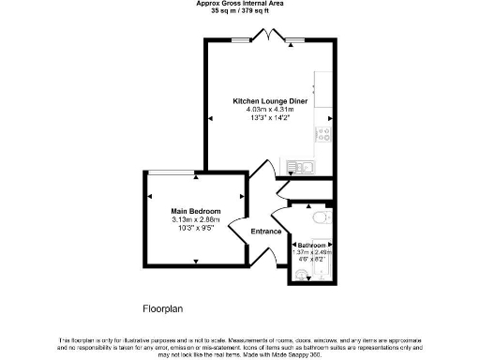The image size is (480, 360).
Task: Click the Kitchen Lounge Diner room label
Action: pos(271,100)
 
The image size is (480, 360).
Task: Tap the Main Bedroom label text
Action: pos(195,211)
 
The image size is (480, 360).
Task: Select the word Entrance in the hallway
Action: pos(265,232)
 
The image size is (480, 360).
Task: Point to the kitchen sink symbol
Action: pos(301,167)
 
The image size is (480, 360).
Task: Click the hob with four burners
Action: pos(325,132)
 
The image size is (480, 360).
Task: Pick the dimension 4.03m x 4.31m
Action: pos(271,110)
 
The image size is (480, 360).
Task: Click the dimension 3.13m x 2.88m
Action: pos(195,219)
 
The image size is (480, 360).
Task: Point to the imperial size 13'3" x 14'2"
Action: pos(271,118)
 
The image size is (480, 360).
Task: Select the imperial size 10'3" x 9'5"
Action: pos(195,228)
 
